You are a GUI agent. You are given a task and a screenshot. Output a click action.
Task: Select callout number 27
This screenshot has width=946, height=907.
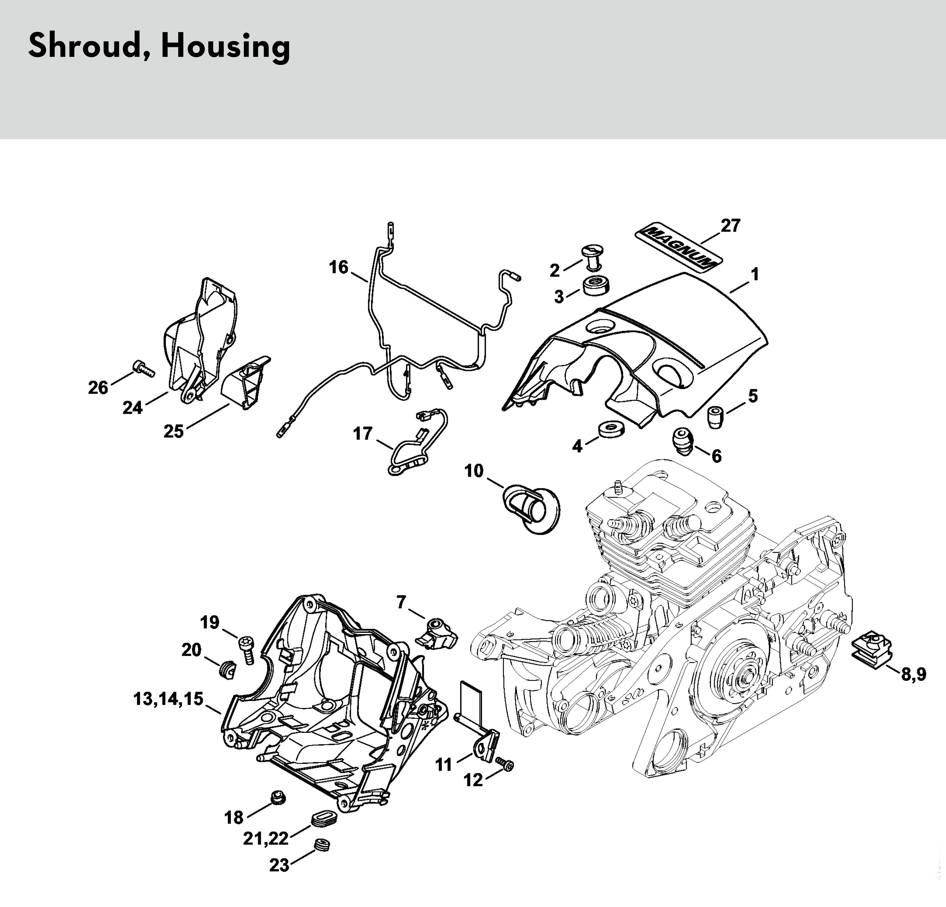tap(730, 225)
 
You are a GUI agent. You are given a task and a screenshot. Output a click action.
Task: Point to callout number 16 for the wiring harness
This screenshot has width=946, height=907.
tap(338, 267)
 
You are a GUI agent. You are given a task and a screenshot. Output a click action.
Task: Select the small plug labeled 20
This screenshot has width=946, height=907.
tap(226, 670)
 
